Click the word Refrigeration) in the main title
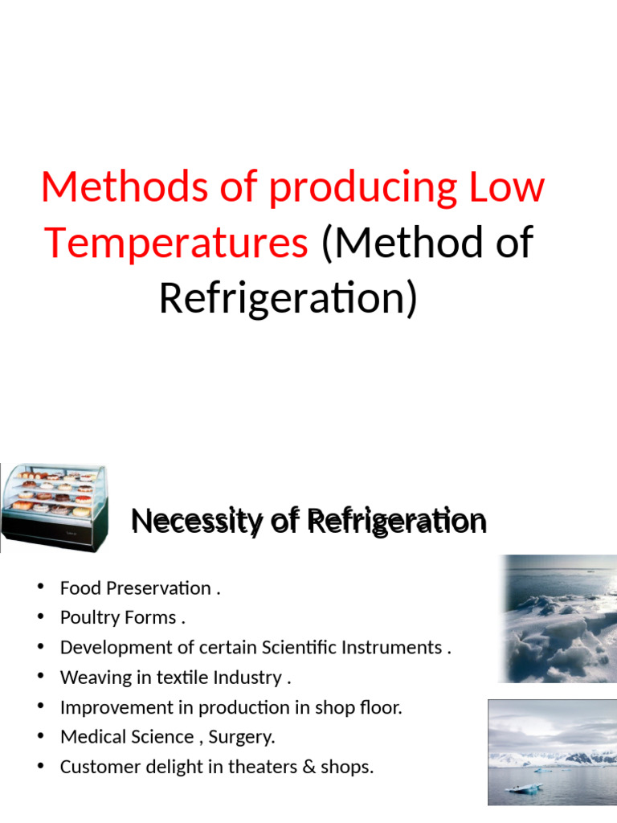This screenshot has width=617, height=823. pyautogui.click(x=288, y=297)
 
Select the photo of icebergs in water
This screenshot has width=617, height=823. pyautogui.click(x=553, y=751)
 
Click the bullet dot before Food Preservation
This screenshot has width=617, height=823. pyautogui.click(x=40, y=588)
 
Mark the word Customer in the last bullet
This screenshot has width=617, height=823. pyautogui.click(x=95, y=767)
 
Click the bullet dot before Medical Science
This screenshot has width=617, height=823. pyautogui.click(x=40, y=736)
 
